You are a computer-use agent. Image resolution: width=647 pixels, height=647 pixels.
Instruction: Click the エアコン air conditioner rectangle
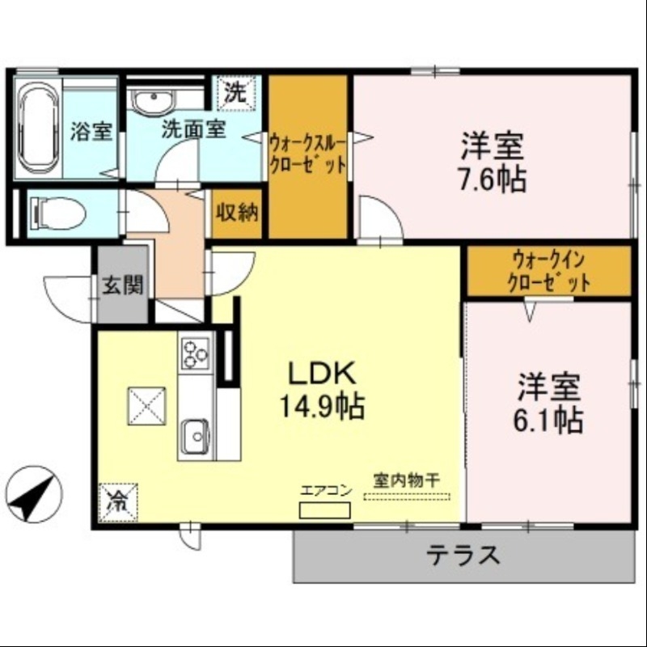[325, 510]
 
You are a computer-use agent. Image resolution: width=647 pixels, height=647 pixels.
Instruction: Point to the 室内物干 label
[406, 480]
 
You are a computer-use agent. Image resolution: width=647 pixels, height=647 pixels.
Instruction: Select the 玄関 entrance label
[123, 286]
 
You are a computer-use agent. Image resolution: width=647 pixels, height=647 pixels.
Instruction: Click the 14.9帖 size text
[322, 405]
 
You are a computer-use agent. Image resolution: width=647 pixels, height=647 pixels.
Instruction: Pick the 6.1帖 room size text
[550, 420]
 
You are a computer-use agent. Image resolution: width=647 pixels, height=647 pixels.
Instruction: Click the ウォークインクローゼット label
[548, 272]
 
